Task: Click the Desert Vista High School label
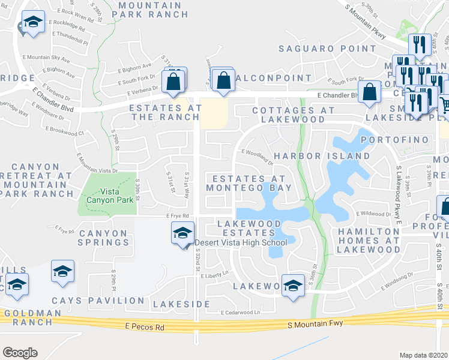pyautogui.click(x=241, y=242)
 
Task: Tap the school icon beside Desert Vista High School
pyautogui.click(x=182, y=232)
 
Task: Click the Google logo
pyautogui.click(x=20, y=352)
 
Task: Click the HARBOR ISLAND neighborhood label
pyautogui.click(x=322, y=156)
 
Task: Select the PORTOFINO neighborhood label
pyautogui.click(x=396, y=140)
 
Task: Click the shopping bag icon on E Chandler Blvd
pyautogui.click(x=370, y=92)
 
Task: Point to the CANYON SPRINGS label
pyautogui.click(x=103, y=238)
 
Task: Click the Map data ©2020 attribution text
pyautogui.click(x=424, y=355)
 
